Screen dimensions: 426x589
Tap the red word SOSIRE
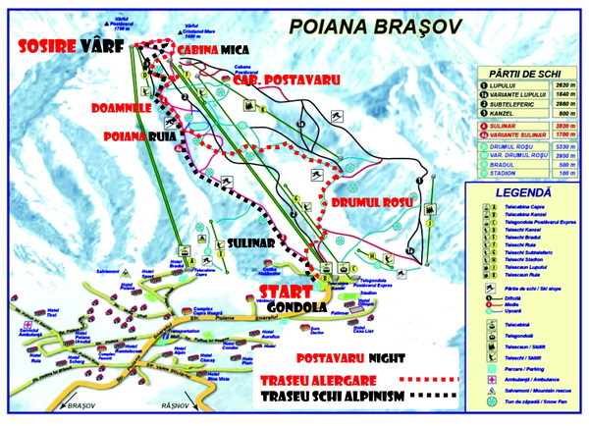[x=47, y=47]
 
